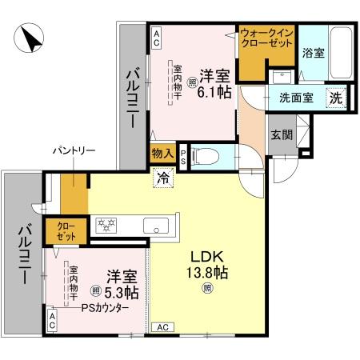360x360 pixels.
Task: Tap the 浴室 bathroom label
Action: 314,54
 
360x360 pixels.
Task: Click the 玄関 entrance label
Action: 281,134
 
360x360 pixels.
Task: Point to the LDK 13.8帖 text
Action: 210,264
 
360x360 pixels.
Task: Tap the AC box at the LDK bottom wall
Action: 162,326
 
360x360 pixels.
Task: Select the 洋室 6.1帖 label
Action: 215,84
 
